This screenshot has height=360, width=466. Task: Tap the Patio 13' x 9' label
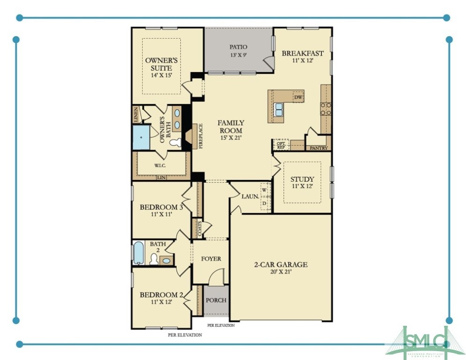tap(238, 51)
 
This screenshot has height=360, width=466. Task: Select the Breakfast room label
tap(303, 57)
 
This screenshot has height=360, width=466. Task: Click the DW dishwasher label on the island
tap(298, 97)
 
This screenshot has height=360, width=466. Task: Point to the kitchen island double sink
tap(278, 110)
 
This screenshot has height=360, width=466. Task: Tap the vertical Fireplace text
tap(200, 136)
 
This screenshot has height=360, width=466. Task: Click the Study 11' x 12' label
tap(302, 182)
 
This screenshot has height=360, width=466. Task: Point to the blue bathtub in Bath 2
tap(139, 253)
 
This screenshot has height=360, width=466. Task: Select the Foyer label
tap(211, 259)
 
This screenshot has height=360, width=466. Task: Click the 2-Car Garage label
tap(281, 268)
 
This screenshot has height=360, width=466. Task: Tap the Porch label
tap(216, 300)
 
